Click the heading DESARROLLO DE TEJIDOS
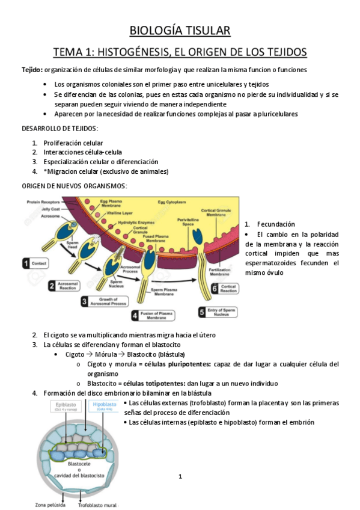click(60, 129)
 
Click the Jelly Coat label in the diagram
click(40, 209)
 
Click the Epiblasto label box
click(66, 407)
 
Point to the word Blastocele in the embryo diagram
click(79, 464)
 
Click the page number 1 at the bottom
click(180, 477)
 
